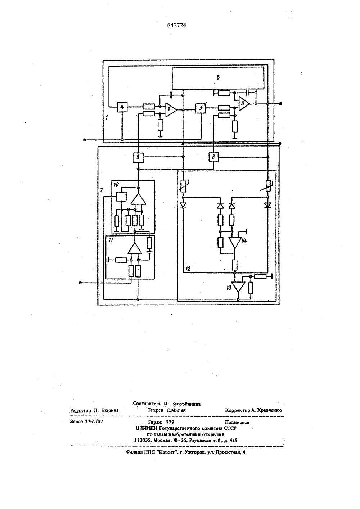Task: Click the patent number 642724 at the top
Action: [177, 26]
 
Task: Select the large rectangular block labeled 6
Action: [218, 78]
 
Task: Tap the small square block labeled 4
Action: [122, 107]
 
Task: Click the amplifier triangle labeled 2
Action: [171, 109]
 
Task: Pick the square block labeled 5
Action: [201, 108]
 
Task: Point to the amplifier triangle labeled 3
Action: [244, 103]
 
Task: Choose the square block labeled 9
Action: [138, 157]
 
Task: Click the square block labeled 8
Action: [213, 157]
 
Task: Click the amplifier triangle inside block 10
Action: [138, 199]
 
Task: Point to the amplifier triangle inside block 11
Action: [135, 248]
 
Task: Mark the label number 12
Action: [188, 269]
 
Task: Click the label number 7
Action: [102, 190]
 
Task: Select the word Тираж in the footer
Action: [154, 422]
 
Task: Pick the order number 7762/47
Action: [94, 422]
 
